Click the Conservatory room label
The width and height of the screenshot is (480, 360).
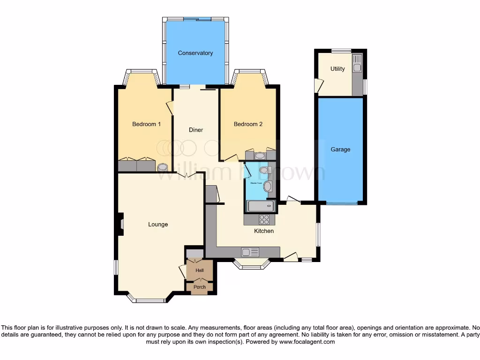195,53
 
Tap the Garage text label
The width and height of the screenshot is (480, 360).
340,150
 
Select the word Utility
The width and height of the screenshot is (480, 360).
337,69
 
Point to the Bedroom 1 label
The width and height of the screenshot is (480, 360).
146,124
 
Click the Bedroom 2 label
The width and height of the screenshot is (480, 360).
248,124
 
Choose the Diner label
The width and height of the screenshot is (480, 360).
196,130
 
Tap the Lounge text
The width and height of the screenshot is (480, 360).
158,225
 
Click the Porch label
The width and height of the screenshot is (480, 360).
200,287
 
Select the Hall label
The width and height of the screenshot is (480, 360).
200,270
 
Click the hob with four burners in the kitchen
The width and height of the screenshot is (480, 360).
264,219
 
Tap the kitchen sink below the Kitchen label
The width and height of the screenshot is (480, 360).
250,252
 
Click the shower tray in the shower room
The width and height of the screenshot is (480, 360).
261,206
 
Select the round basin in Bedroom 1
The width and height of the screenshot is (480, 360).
163,166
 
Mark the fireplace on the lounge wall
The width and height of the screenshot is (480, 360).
121,224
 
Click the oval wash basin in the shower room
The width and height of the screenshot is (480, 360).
268,187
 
